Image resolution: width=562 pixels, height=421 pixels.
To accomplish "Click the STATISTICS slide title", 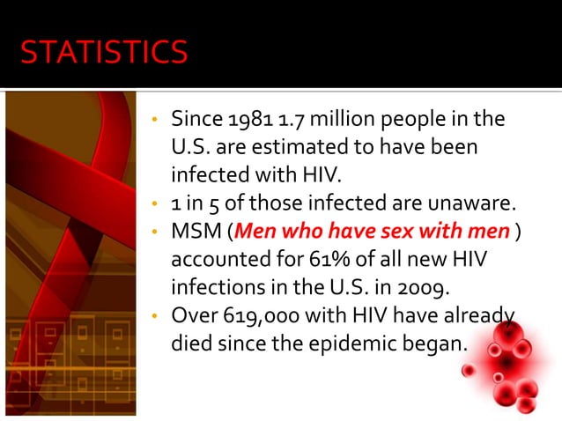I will click(104, 53).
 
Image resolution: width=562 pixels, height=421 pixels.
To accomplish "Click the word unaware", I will click(473, 204).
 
